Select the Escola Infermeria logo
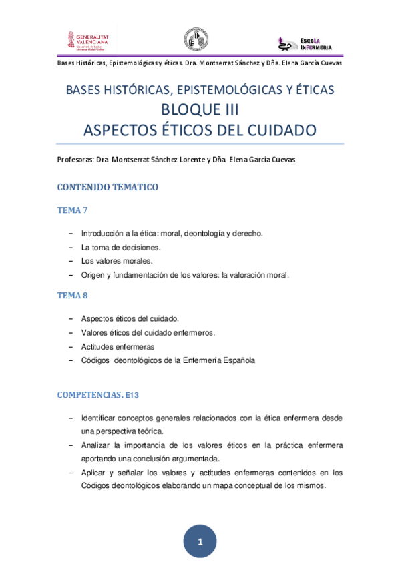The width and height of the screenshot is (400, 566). (x=309, y=43)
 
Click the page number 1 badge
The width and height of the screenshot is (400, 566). (x=200, y=541)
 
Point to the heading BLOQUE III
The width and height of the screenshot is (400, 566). (x=200, y=109)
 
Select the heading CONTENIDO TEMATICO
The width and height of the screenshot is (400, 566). (x=108, y=187)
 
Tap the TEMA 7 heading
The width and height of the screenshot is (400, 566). (x=73, y=210)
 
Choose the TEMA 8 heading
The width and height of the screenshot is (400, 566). (x=73, y=295)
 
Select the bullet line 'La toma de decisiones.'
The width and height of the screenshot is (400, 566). (x=121, y=247)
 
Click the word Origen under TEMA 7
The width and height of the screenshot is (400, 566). (x=93, y=274)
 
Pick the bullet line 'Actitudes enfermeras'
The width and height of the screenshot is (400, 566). (x=118, y=347)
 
